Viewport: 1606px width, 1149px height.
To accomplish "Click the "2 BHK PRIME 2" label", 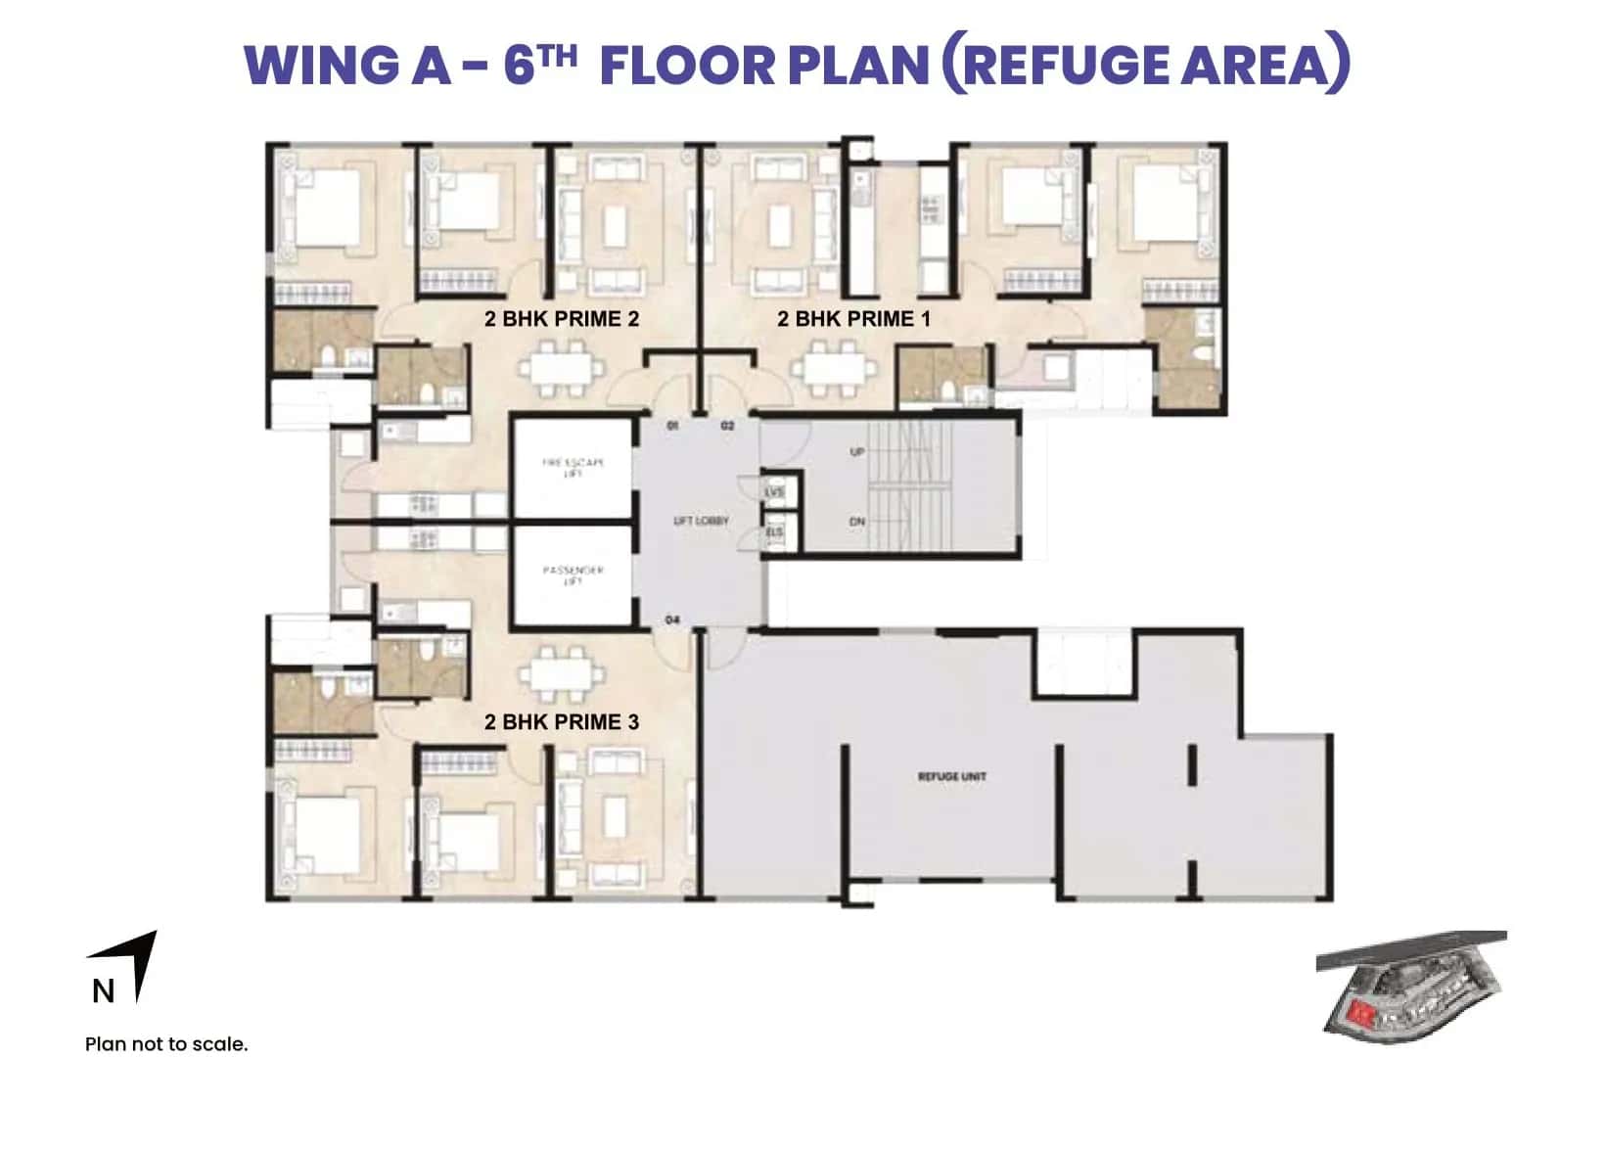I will click(x=561, y=319).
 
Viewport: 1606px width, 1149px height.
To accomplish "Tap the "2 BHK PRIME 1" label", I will click(x=853, y=319).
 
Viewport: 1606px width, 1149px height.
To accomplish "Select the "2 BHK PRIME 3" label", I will click(x=561, y=722).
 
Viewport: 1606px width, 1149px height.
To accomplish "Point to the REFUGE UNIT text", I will click(x=952, y=776).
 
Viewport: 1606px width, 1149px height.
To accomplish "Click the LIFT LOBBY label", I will click(x=701, y=521).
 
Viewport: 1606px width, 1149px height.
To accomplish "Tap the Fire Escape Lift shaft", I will click(x=573, y=468).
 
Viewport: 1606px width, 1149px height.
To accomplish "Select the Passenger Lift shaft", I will click(x=573, y=575).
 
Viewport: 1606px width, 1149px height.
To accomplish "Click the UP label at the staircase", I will click(x=857, y=452).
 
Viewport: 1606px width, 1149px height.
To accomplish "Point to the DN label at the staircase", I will click(x=857, y=522).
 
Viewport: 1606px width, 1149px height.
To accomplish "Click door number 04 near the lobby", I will click(x=672, y=620).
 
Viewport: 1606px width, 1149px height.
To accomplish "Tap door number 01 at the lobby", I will click(x=672, y=426).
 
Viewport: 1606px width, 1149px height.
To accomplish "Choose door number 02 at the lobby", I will click(x=727, y=426).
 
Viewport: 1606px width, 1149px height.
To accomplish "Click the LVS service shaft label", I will click(x=775, y=491).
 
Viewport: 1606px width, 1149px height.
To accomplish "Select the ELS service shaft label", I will click(x=775, y=532).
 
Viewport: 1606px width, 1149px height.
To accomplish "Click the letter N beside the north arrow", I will click(x=103, y=991).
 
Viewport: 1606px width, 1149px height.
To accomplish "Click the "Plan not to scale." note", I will click(x=166, y=1044).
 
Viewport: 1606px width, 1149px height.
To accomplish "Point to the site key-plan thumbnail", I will click(x=1410, y=984).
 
